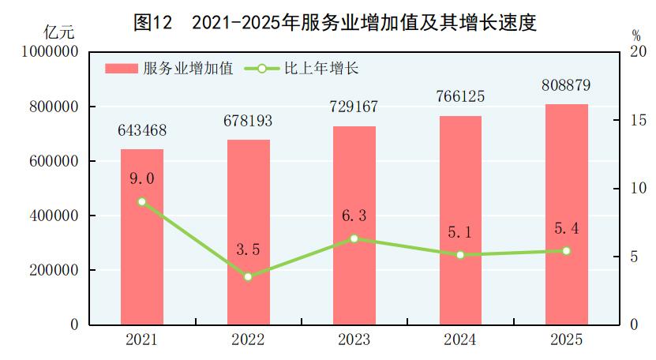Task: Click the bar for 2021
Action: (x=142, y=237)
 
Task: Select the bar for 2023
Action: (x=354, y=225)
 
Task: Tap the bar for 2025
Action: (x=567, y=214)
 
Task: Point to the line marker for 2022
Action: (x=248, y=276)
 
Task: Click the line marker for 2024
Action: (x=460, y=255)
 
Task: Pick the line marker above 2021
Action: (x=142, y=201)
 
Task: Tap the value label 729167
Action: (x=354, y=107)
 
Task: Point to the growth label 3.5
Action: (x=249, y=249)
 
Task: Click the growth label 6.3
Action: (x=354, y=214)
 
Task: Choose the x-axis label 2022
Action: (x=248, y=340)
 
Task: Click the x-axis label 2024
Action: (x=460, y=340)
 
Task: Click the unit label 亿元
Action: (x=59, y=33)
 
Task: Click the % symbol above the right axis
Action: (x=636, y=36)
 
